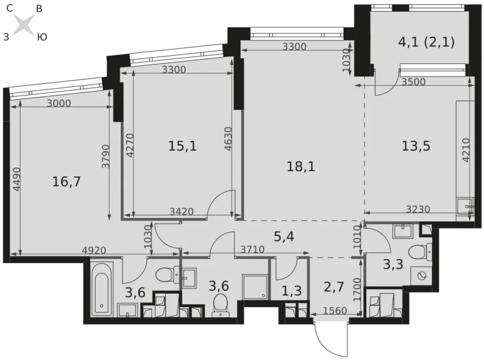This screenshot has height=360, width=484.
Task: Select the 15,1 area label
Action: (x=182, y=146)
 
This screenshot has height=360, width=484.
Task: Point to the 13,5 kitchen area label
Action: (x=416, y=146)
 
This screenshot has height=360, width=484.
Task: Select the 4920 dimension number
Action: (x=93, y=251)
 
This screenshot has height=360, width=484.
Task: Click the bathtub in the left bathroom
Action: (x=101, y=287)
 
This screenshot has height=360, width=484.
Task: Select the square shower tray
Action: (x=254, y=286)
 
